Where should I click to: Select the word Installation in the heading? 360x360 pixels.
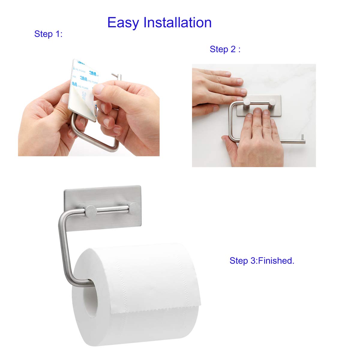point(177,23)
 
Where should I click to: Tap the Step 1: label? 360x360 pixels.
point(48,34)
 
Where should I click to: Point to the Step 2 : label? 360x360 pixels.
point(225,49)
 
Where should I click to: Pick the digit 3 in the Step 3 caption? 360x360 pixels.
point(253,261)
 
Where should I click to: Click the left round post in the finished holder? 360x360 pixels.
point(90,211)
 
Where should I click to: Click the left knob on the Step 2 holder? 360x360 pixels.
point(247,103)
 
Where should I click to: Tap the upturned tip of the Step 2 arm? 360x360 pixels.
point(303,138)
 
